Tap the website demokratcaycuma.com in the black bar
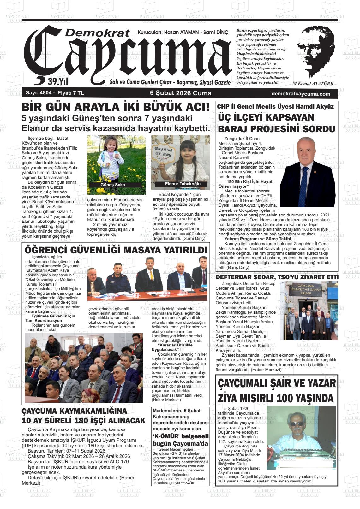click(x=301, y=94)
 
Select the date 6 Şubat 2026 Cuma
click(x=180, y=93)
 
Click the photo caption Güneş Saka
click(x=112, y=185)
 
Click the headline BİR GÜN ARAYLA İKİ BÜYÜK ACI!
click(x=116, y=107)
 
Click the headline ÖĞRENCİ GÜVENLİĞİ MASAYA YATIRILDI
click(x=116, y=250)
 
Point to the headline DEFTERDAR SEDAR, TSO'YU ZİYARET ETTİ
click(x=277, y=277)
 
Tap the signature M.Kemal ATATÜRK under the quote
click(x=313, y=84)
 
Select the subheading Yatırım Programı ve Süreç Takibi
click(x=253, y=239)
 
